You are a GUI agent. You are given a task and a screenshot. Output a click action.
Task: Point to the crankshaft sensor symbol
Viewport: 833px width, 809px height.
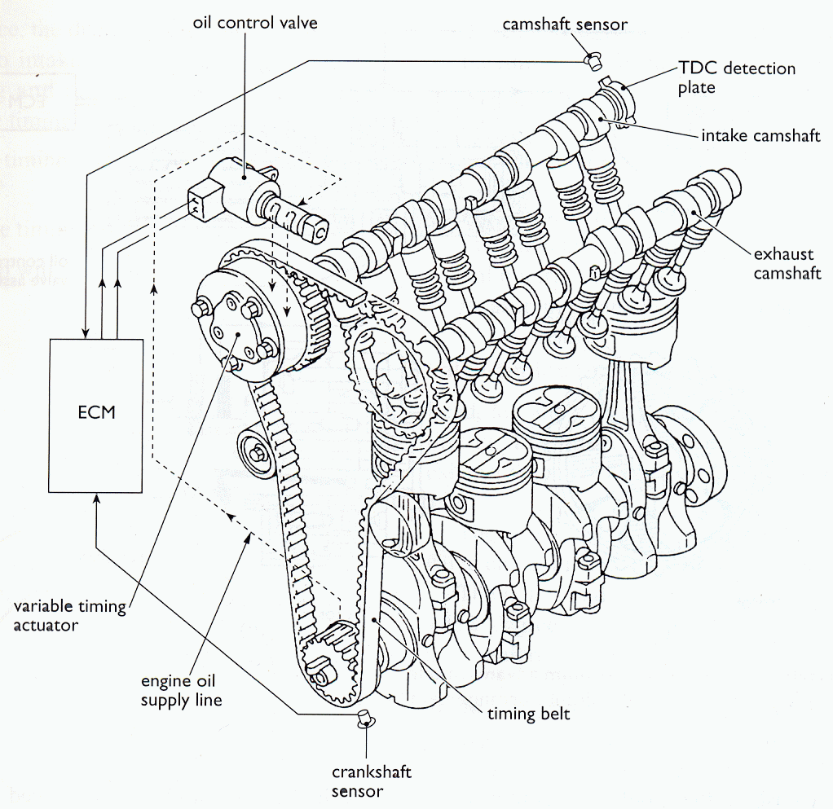[365, 718]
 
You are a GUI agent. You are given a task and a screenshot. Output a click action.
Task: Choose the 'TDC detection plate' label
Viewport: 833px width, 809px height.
[736, 77]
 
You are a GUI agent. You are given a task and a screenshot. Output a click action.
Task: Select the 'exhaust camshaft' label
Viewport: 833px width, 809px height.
[787, 264]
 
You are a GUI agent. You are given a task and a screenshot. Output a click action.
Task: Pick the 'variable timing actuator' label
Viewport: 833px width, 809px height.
[70, 615]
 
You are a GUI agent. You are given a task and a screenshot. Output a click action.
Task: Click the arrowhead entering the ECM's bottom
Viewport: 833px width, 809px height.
[96, 499]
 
